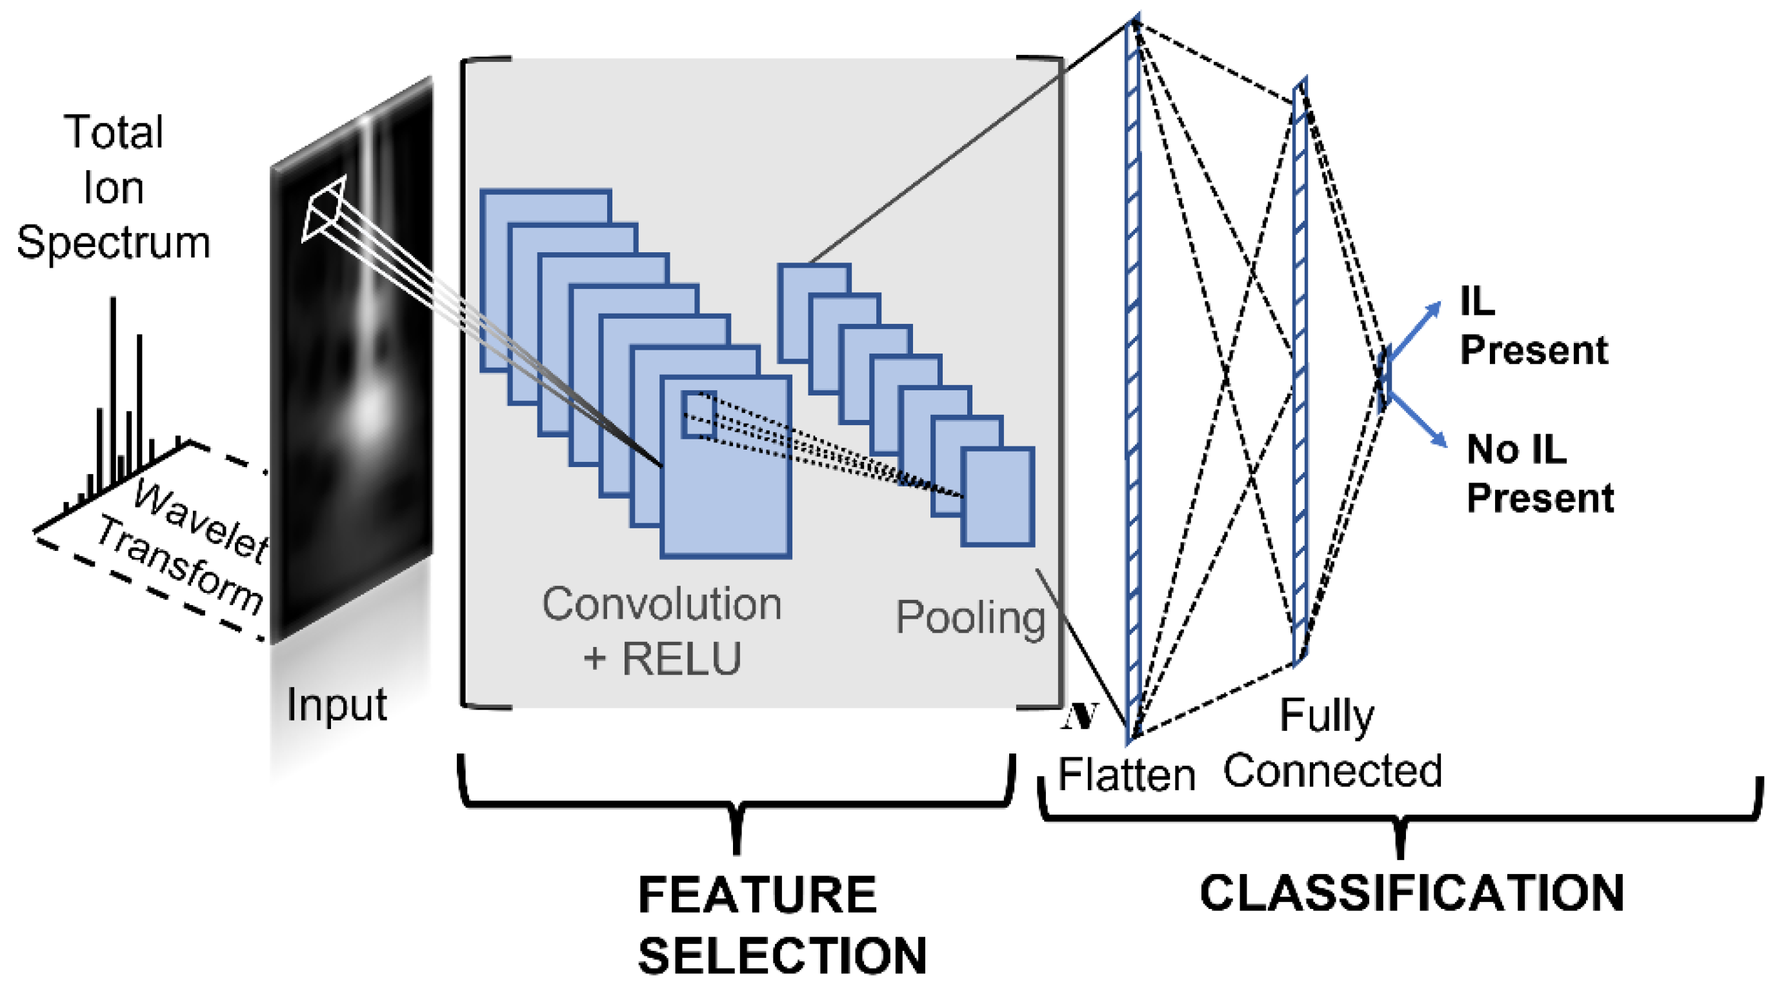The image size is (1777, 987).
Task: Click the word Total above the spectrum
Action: point(114,132)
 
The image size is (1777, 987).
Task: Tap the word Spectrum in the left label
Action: point(113,243)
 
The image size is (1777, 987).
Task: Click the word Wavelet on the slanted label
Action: point(200,521)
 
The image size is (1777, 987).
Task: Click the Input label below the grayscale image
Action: point(337,705)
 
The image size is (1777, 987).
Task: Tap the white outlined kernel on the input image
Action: point(323,209)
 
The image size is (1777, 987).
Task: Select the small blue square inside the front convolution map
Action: point(698,415)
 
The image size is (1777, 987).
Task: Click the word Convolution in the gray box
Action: point(661,604)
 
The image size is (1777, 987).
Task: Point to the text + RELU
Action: point(661,658)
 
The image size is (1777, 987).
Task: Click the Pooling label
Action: point(970,617)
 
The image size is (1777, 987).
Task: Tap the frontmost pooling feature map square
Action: point(998,497)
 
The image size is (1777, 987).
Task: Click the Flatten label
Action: point(1127,775)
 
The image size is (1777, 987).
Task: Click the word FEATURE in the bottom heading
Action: point(757,895)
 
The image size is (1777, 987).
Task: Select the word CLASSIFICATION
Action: point(1411,893)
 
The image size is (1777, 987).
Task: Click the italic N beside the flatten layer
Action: point(1079,717)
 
